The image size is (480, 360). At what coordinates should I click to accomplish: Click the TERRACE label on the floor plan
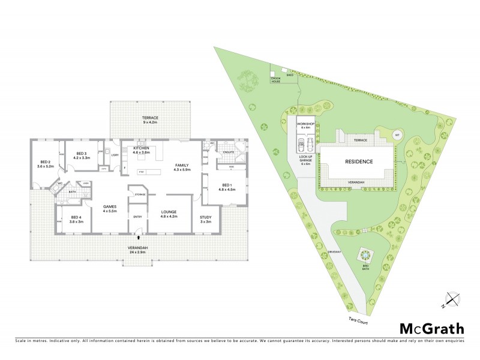tap(149, 119)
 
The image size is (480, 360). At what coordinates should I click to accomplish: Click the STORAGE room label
tap(140, 194)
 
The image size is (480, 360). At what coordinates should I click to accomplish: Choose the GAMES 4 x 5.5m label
tap(110, 209)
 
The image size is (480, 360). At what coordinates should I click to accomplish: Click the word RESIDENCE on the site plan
tap(359, 162)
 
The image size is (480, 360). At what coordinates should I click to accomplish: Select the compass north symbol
tap(452, 298)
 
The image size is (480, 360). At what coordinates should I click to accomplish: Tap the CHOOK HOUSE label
tap(275, 80)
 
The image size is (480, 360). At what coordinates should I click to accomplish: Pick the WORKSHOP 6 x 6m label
tap(306, 126)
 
